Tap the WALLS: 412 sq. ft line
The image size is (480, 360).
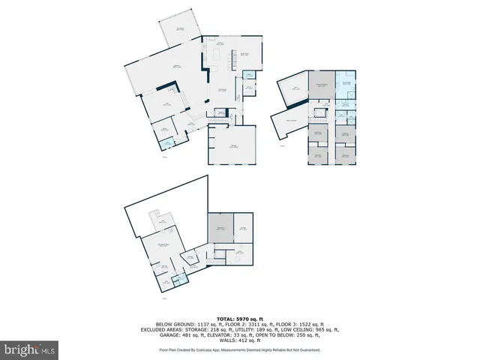[x=239, y=340]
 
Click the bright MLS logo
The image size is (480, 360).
[x=29, y=349]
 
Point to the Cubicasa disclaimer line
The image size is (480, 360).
[x=239, y=349]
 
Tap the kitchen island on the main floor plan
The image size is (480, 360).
[x=220, y=57]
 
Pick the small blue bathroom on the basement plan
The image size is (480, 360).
[x=178, y=280]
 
